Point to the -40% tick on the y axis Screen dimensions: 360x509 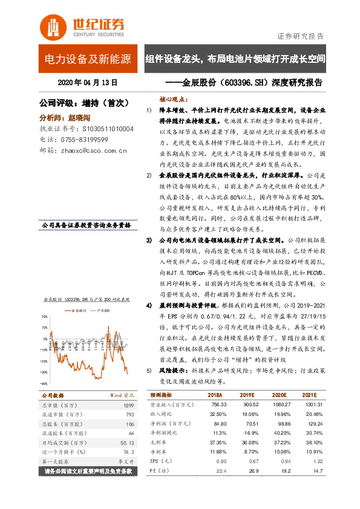pyautogui.click(x=44, y=384)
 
